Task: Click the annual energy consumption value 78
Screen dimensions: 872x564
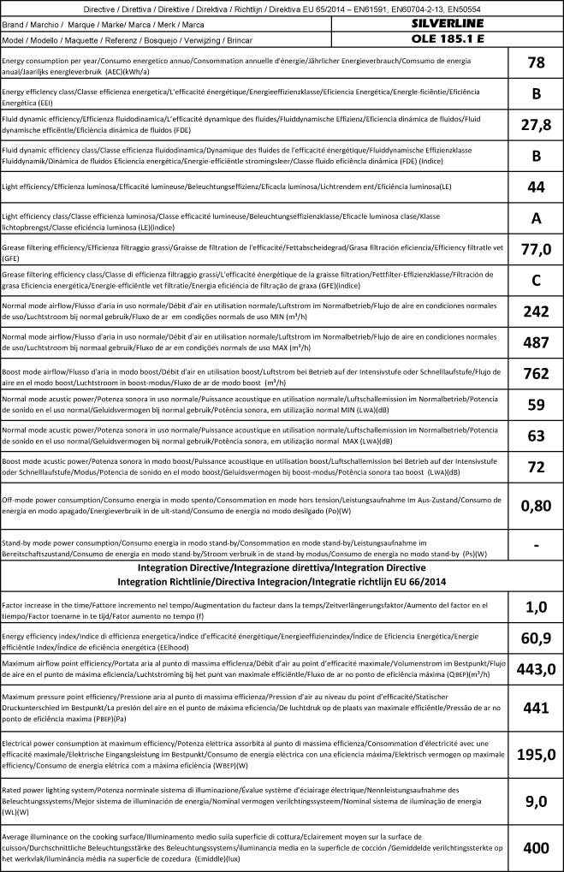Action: pyautogui.click(x=536, y=63)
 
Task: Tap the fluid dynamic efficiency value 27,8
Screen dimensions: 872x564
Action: pyautogui.click(x=536, y=125)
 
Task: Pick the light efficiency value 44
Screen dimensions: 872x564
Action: pyautogui.click(x=536, y=187)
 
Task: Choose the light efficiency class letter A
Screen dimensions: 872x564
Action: pyautogui.click(x=536, y=217)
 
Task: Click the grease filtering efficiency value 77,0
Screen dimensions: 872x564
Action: pyautogui.click(x=536, y=249)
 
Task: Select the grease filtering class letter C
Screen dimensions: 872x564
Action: pyautogui.click(x=536, y=280)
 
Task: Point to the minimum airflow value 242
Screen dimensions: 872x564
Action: pyautogui.click(x=536, y=311)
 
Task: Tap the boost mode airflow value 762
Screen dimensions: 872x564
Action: pyautogui.click(x=536, y=373)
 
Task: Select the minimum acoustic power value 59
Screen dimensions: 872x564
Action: pyautogui.click(x=536, y=404)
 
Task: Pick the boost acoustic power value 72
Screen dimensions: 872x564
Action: pyautogui.click(x=536, y=466)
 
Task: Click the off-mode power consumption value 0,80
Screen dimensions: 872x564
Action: pyautogui.click(x=536, y=505)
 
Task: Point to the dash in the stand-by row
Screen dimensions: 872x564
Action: pyautogui.click(x=536, y=544)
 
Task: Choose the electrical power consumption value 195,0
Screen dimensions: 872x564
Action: pyautogui.click(x=536, y=753)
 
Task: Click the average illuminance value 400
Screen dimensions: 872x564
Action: pyautogui.click(x=536, y=848)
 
